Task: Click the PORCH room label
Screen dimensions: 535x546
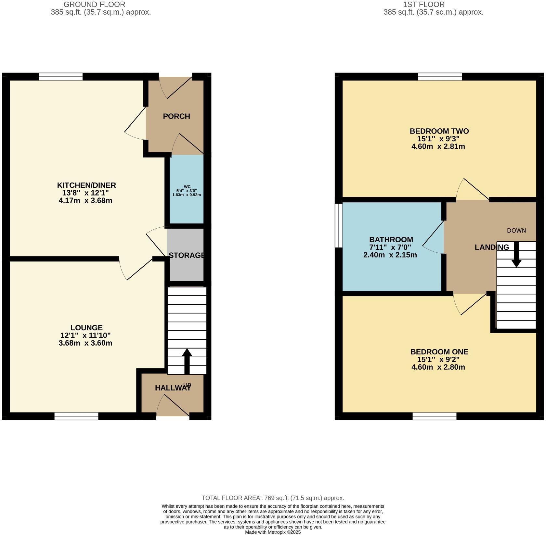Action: (176, 116)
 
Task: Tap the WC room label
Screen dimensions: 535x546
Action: (187, 186)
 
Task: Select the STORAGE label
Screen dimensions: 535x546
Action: (187, 255)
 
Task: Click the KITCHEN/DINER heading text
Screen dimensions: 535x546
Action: (86, 185)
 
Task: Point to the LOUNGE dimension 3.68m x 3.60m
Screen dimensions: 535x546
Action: (85, 343)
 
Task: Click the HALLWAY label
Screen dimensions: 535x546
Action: (173, 388)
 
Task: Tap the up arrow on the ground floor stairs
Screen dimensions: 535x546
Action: (187, 361)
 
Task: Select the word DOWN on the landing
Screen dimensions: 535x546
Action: (516, 231)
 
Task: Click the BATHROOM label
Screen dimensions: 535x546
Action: (391, 240)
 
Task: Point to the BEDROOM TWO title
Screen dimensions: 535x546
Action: (439, 131)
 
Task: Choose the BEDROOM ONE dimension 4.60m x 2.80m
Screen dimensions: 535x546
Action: (438, 367)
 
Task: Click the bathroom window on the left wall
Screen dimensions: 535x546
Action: (339, 225)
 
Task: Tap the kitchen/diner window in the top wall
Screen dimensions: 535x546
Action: (60, 77)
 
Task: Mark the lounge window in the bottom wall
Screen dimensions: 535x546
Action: (76, 416)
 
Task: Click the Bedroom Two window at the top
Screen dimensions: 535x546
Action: (440, 77)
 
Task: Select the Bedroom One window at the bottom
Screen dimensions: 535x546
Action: (435, 416)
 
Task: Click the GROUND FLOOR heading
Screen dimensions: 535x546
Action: (94, 5)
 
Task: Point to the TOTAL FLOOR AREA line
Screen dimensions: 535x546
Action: (273, 498)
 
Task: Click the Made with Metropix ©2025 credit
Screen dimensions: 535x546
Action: (273, 532)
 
